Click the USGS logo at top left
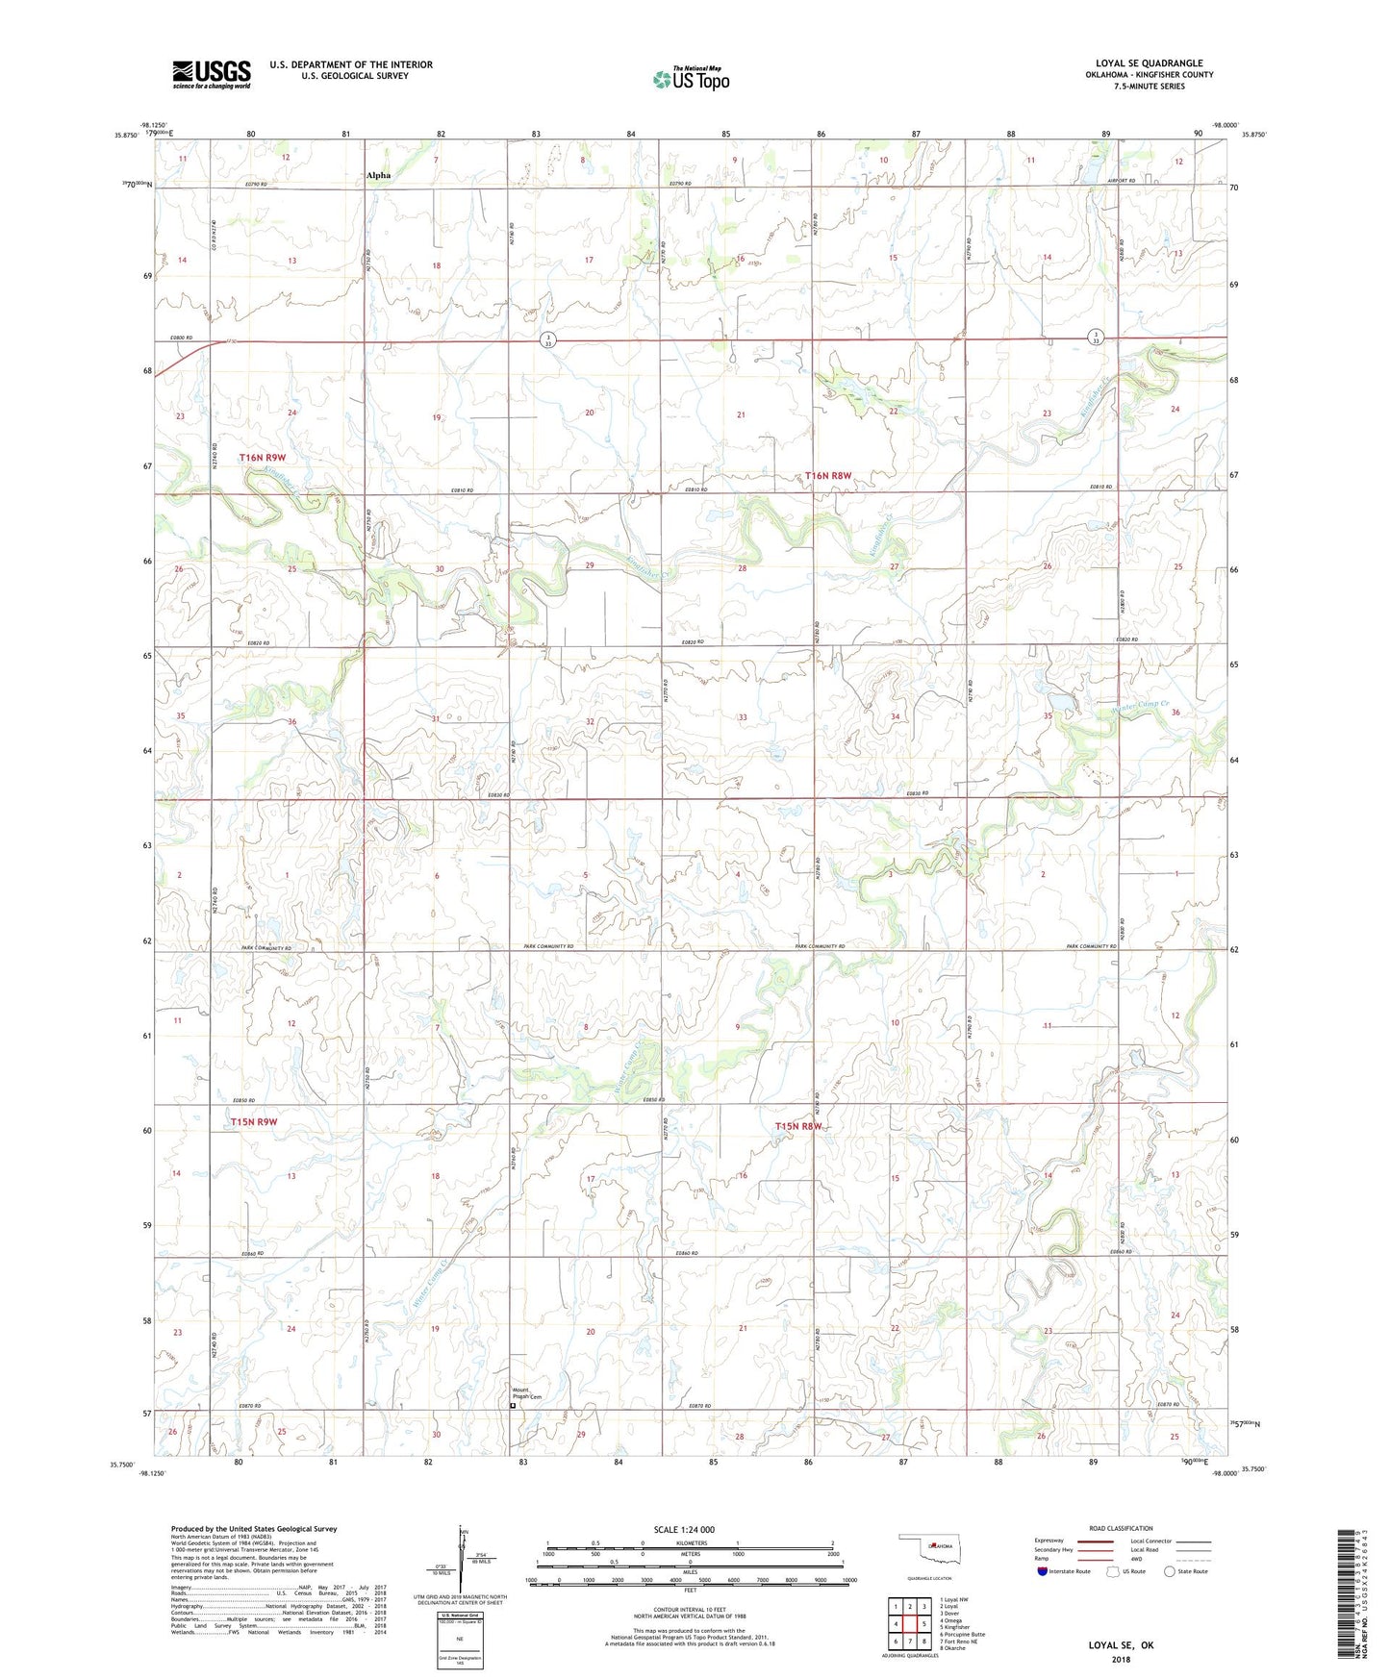pos(212,74)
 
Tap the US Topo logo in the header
pos(691,79)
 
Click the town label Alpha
pos(378,175)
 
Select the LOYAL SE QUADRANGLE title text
pos(1149,63)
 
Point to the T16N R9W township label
pos(263,458)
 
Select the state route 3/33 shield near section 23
pos(1095,337)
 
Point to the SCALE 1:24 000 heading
pos(683,1530)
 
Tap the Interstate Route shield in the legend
pos(1044,1572)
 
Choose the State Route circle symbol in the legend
pos(1170,1572)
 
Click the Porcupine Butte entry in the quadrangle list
pos(962,1634)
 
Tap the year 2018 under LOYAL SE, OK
pos(1121,1659)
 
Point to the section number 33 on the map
pos(742,717)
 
